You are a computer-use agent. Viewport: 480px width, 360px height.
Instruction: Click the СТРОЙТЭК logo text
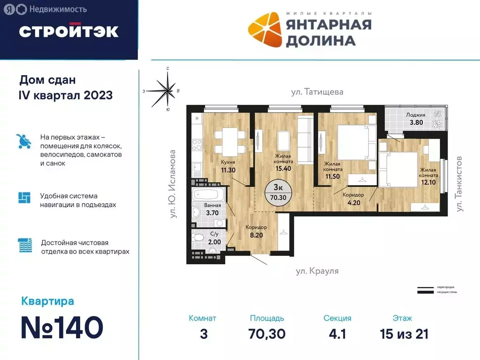pos(69,31)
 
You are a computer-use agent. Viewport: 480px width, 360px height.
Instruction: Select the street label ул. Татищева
pos(317,92)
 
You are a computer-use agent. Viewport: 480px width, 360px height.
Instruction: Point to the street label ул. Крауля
pos(317,271)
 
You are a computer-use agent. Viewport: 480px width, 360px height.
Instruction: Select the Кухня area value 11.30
pos(229,170)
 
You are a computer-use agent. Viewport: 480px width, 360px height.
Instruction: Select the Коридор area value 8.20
pos(256,236)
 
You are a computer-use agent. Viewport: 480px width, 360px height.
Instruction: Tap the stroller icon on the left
pos(24,140)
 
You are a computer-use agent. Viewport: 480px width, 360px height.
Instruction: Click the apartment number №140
pos(62,327)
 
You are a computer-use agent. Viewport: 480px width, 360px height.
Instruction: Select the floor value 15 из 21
pos(404,334)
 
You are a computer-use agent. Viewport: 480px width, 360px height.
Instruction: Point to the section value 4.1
pos(337,334)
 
